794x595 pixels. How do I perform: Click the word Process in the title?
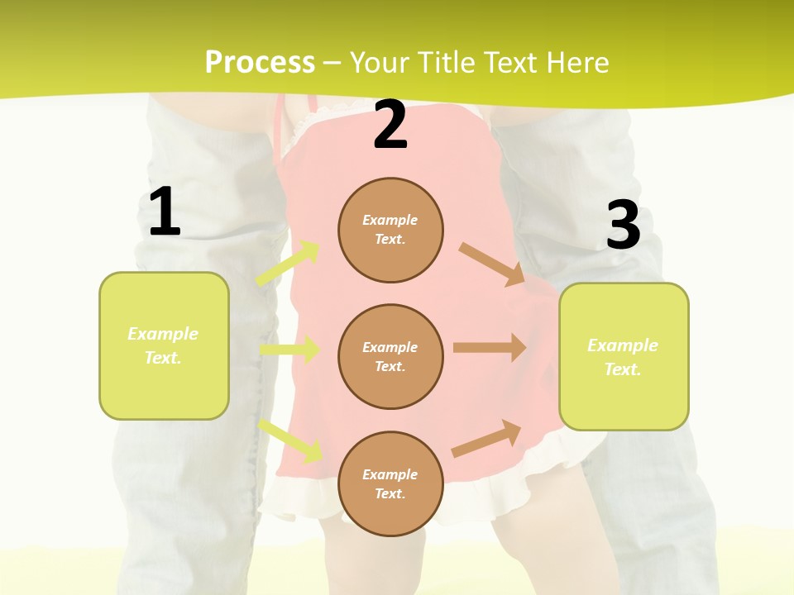(260, 63)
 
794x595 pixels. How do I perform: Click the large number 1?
(165, 212)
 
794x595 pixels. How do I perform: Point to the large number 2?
(390, 125)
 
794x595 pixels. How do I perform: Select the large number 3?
(623, 226)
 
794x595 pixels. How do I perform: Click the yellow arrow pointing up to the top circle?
(288, 264)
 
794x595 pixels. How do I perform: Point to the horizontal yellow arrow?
(289, 350)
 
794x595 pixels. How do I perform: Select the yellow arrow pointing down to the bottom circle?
(291, 440)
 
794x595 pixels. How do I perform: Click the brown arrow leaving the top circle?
(491, 264)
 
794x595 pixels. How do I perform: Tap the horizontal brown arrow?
(489, 348)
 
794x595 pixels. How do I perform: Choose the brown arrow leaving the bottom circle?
(486, 439)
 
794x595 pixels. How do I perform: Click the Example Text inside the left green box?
(163, 345)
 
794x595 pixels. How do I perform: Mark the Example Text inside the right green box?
(623, 357)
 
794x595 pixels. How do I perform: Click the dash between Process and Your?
(332, 63)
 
